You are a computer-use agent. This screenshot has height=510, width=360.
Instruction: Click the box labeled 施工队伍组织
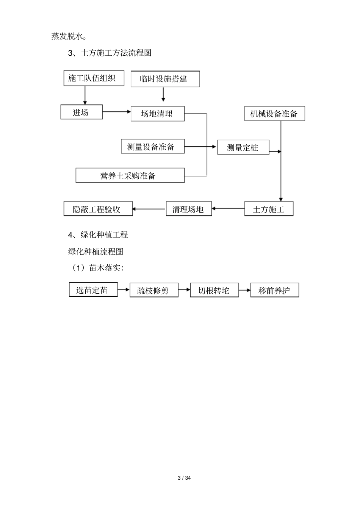click(x=92, y=78)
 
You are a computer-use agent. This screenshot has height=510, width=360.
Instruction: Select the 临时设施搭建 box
click(x=165, y=79)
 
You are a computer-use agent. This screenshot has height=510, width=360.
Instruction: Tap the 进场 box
click(x=81, y=112)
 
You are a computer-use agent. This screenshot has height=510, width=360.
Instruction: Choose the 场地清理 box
click(x=158, y=114)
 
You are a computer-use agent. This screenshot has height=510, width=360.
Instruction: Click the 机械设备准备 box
click(x=274, y=114)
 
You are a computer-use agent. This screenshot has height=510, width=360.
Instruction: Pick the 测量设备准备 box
click(x=153, y=147)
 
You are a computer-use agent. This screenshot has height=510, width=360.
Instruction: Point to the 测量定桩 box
click(x=243, y=147)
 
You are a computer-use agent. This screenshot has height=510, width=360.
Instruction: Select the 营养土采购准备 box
click(x=130, y=175)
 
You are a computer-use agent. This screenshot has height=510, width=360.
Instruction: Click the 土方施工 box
click(x=269, y=209)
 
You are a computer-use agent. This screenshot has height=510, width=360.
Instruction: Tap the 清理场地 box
click(x=189, y=209)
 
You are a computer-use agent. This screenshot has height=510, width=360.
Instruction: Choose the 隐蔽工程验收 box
click(x=98, y=209)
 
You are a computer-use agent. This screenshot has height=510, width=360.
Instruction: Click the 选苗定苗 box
click(x=93, y=290)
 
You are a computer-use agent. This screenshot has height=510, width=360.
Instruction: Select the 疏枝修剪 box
click(x=154, y=290)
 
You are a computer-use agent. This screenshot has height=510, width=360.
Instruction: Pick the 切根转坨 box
click(x=214, y=290)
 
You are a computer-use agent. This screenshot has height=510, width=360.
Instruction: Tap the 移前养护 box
click(x=275, y=290)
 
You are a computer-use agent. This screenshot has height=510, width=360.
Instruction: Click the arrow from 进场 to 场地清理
click(x=116, y=111)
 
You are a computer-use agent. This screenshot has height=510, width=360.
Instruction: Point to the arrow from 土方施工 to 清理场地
click(x=228, y=208)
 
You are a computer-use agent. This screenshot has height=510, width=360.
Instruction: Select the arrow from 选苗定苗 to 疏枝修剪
click(x=124, y=290)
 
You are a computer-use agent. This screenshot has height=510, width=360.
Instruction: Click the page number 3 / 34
click(x=185, y=478)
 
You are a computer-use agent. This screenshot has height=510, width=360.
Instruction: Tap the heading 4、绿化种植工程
click(x=98, y=235)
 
